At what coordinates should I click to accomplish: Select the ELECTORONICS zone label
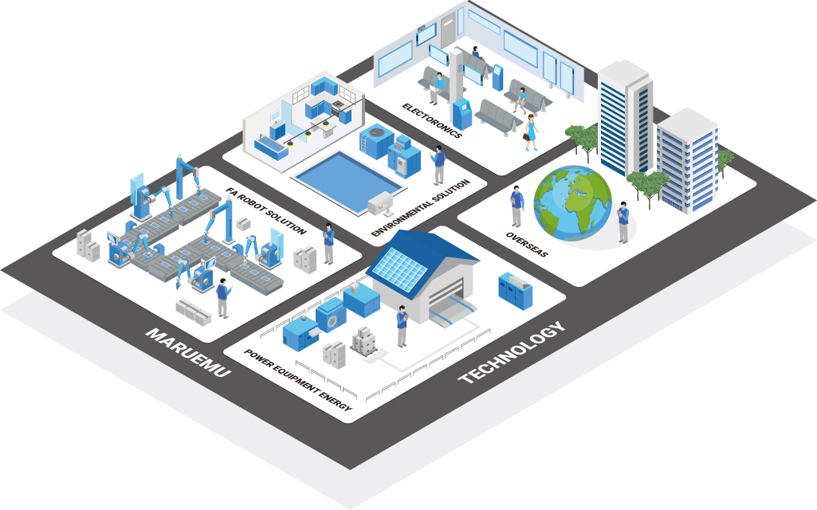tap(432, 120)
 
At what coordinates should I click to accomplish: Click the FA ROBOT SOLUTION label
tap(265, 211)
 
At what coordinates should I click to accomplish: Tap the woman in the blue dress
tap(531, 131)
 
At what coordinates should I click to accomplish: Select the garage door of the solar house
tap(451, 311)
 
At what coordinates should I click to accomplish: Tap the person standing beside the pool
tap(438, 166)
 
